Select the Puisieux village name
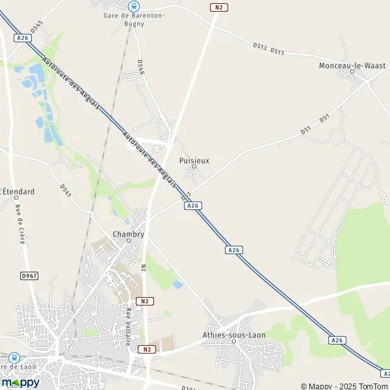point(194,159)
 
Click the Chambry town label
point(128,234)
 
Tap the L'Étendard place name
point(18,191)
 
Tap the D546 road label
point(140,68)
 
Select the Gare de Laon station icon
point(14,357)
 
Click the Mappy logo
point(20,382)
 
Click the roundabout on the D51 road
point(337,136)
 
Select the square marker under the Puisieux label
point(194,167)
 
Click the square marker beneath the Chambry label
point(128,241)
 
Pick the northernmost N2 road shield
point(219,7)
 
